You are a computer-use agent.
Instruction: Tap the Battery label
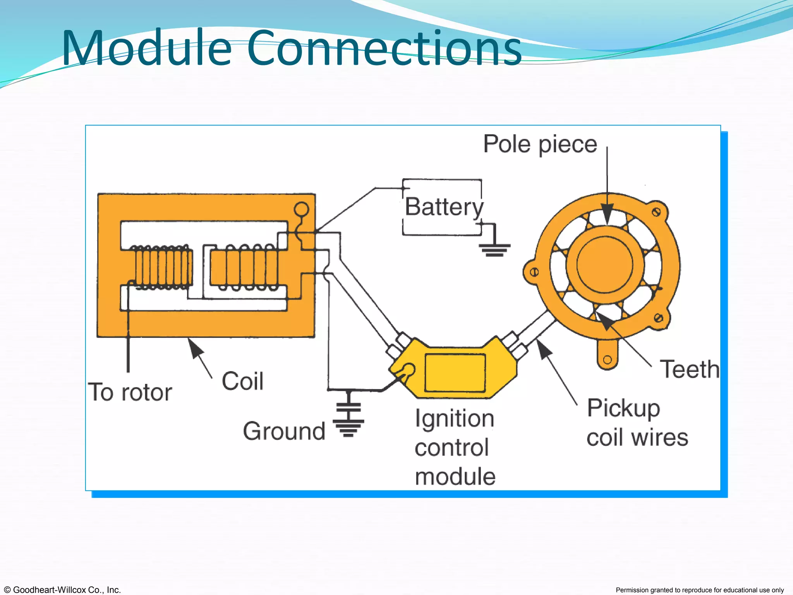pyautogui.click(x=444, y=207)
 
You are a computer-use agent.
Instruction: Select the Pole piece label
pyautogui.click(x=540, y=144)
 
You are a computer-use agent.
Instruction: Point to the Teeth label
pyautogui.click(x=690, y=369)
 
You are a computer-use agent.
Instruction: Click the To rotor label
pyautogui.click(x=130, y=392)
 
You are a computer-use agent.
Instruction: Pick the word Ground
pyautogui.click(x=284, y=431)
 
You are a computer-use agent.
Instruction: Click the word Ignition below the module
pyautogui.click(x=455, y=419)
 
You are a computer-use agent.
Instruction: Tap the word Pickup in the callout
pyautogui.click(x=623, y=408)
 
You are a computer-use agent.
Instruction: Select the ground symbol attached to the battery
pyautogui.click(x=494, y=249)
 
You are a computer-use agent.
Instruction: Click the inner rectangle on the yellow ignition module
pyautogui.click(x=455, y=373)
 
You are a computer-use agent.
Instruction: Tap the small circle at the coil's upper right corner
pyautogui.click(x=301, y=210)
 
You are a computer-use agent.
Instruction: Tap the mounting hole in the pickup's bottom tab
pyautogui.click(x=608, y=359)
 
